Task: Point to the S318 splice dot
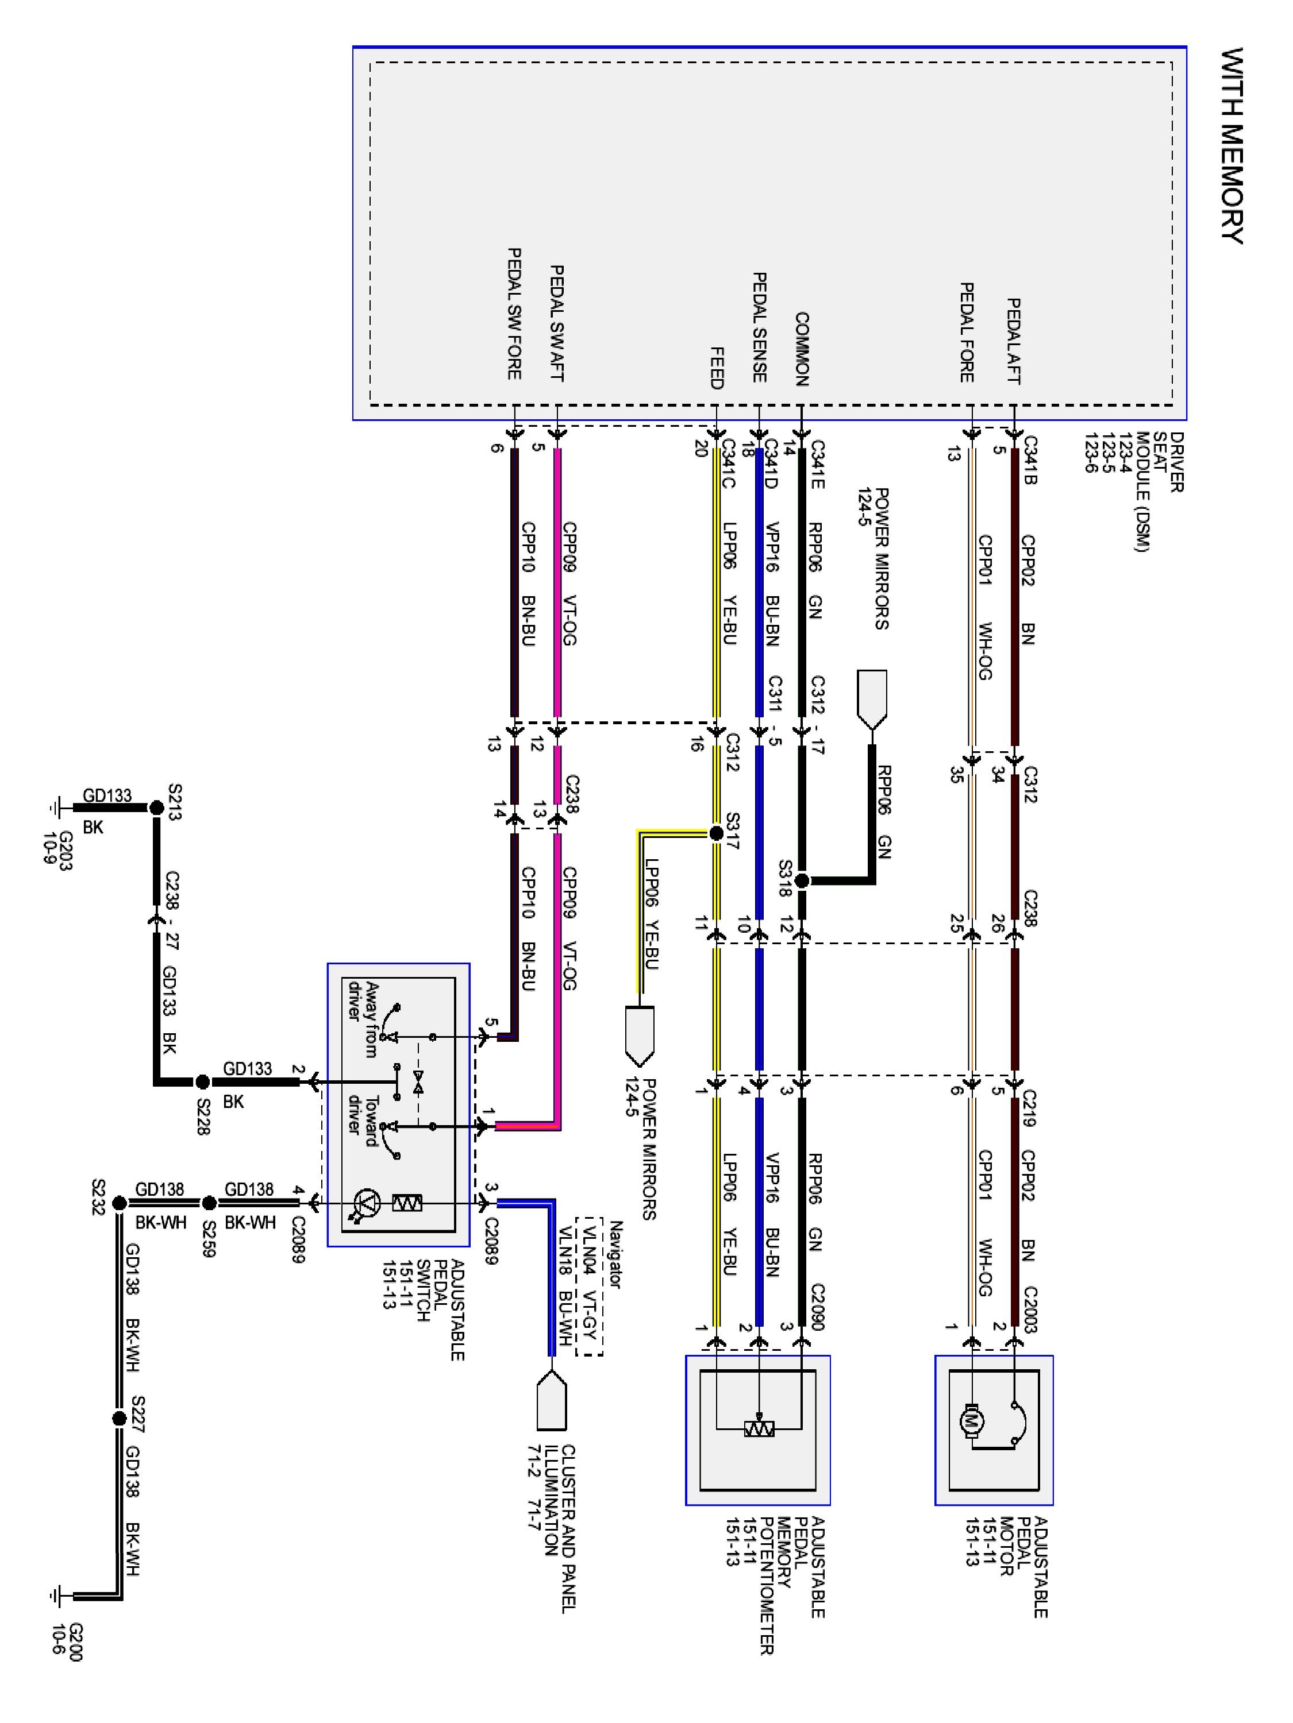click(x=802, y=881)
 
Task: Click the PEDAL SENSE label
click(x=759, y=327)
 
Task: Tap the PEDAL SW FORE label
click(x=514, y=314)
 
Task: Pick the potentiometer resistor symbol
click(x=759, y=1430)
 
